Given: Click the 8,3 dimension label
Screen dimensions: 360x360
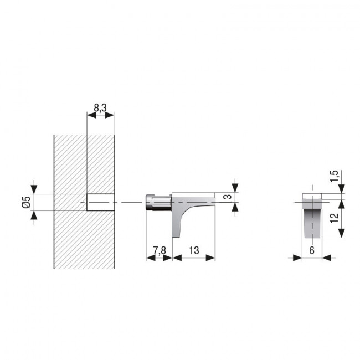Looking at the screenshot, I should (101, 108).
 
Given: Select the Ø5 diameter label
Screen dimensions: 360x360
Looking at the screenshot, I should (25, 202).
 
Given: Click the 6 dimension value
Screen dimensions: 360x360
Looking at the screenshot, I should (312, 251).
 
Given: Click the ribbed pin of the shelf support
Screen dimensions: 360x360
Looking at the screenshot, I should (158, 202).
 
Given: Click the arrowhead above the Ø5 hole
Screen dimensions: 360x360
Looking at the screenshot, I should (34, 190).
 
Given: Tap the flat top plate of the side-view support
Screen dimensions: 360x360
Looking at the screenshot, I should (194, 197).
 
